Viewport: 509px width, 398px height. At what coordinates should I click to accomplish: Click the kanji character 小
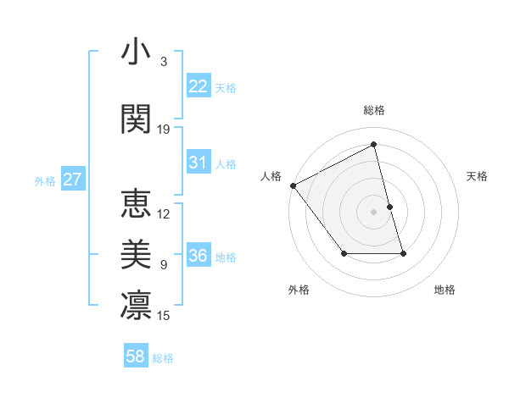point(136,53)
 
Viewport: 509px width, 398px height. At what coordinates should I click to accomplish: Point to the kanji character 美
point(136,253)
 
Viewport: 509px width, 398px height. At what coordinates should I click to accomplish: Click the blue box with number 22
point(199,86)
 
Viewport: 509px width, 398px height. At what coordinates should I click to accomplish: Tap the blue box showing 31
point(199,163)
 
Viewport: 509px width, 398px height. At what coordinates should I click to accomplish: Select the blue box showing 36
point(199,256)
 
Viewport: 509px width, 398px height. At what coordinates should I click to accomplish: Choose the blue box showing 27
point(73,180)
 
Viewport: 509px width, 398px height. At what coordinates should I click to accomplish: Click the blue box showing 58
point(136,357)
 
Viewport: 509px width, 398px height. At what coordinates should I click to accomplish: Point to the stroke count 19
point(164,130)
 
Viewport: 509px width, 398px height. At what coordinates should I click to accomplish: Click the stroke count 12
point(164,213)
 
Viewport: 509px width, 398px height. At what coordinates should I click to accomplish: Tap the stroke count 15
point(164,316)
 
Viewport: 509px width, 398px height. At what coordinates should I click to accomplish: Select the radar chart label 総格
point(374,110)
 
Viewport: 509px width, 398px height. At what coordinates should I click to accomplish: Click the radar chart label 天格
point(478,176)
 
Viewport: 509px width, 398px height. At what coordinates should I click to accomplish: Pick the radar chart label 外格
point(299,290)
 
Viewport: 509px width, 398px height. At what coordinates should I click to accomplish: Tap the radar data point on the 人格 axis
point(293,185)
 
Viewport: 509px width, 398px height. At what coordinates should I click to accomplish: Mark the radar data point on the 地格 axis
point(403,253)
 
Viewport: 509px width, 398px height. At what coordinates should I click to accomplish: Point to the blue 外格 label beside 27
point(45,180)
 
